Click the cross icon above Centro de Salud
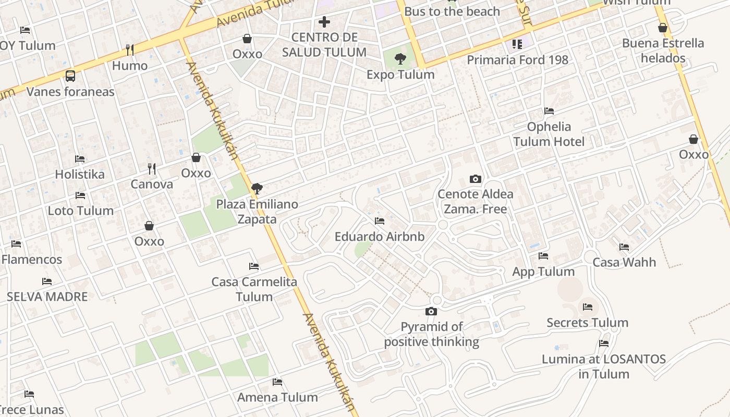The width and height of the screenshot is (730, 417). (x=324, y=22)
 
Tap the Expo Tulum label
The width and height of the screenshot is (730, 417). (x=400, y=75)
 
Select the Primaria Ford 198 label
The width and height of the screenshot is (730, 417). (x=517, y=60)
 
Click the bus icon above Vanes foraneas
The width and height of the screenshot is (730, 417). (x=70, y=76)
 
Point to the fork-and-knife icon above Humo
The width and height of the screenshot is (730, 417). (x=130, y=50)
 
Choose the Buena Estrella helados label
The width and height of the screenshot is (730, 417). (x=663, y=51)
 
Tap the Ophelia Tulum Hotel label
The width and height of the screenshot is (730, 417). (x=549, y=134)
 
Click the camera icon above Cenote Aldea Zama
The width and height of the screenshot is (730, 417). (x=475, y=179)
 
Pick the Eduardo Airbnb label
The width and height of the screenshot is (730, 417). (x=380, y=237)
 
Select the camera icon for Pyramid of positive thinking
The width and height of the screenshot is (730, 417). (x=431, y=312)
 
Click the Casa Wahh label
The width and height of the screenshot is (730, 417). (x=624, y=262)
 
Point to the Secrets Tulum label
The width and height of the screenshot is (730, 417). (x=587, y=323)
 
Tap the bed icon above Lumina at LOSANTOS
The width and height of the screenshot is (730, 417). (x=604, y=344)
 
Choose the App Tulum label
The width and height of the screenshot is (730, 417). (x=543, y=272)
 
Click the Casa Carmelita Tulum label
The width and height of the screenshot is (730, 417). (x=254, y=289)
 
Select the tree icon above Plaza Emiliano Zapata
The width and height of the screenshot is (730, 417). (x=256, y=188)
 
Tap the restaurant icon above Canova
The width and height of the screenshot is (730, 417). (x=152, y=168)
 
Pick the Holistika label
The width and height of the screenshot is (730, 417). (x=80, y=174)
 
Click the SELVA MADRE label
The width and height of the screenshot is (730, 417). (x=47, y=297)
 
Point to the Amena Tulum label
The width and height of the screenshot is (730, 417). (x=277, y=397)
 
